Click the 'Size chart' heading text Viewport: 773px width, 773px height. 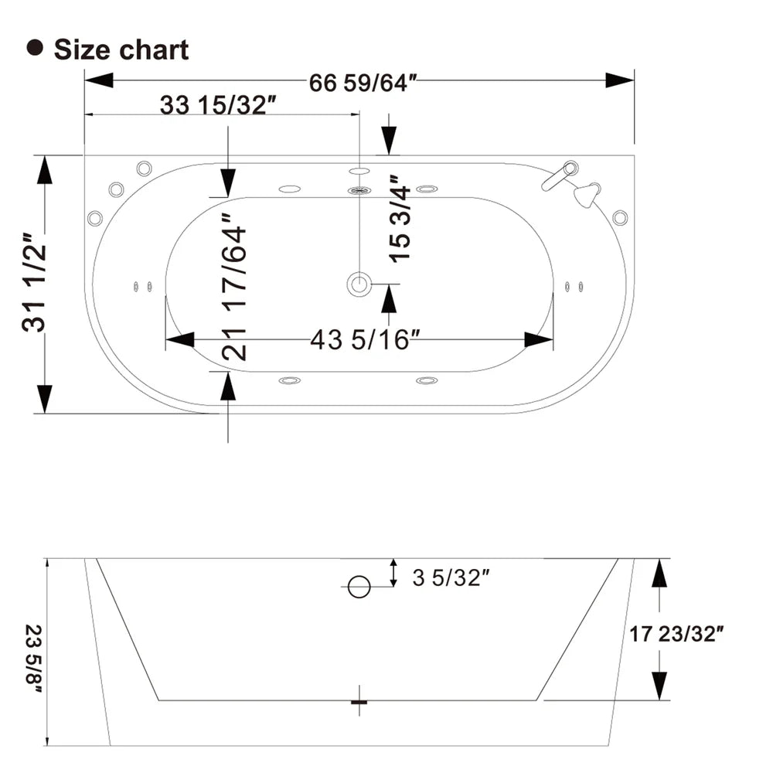coord(121,49)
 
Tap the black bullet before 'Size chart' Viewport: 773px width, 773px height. coord(34,48)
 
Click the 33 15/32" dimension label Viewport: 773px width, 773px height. coord(218,106)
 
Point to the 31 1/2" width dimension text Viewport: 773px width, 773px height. coord(36,282)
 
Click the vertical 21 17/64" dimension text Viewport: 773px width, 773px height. coord(233,288)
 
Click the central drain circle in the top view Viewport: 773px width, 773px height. coord(359,284)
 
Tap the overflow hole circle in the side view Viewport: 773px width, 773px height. coord(359,587)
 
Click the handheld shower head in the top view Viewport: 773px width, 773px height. coord(587,194)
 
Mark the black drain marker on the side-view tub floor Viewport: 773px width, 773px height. coord(359,701)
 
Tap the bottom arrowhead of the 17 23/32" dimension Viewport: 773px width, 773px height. coord(659,685)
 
